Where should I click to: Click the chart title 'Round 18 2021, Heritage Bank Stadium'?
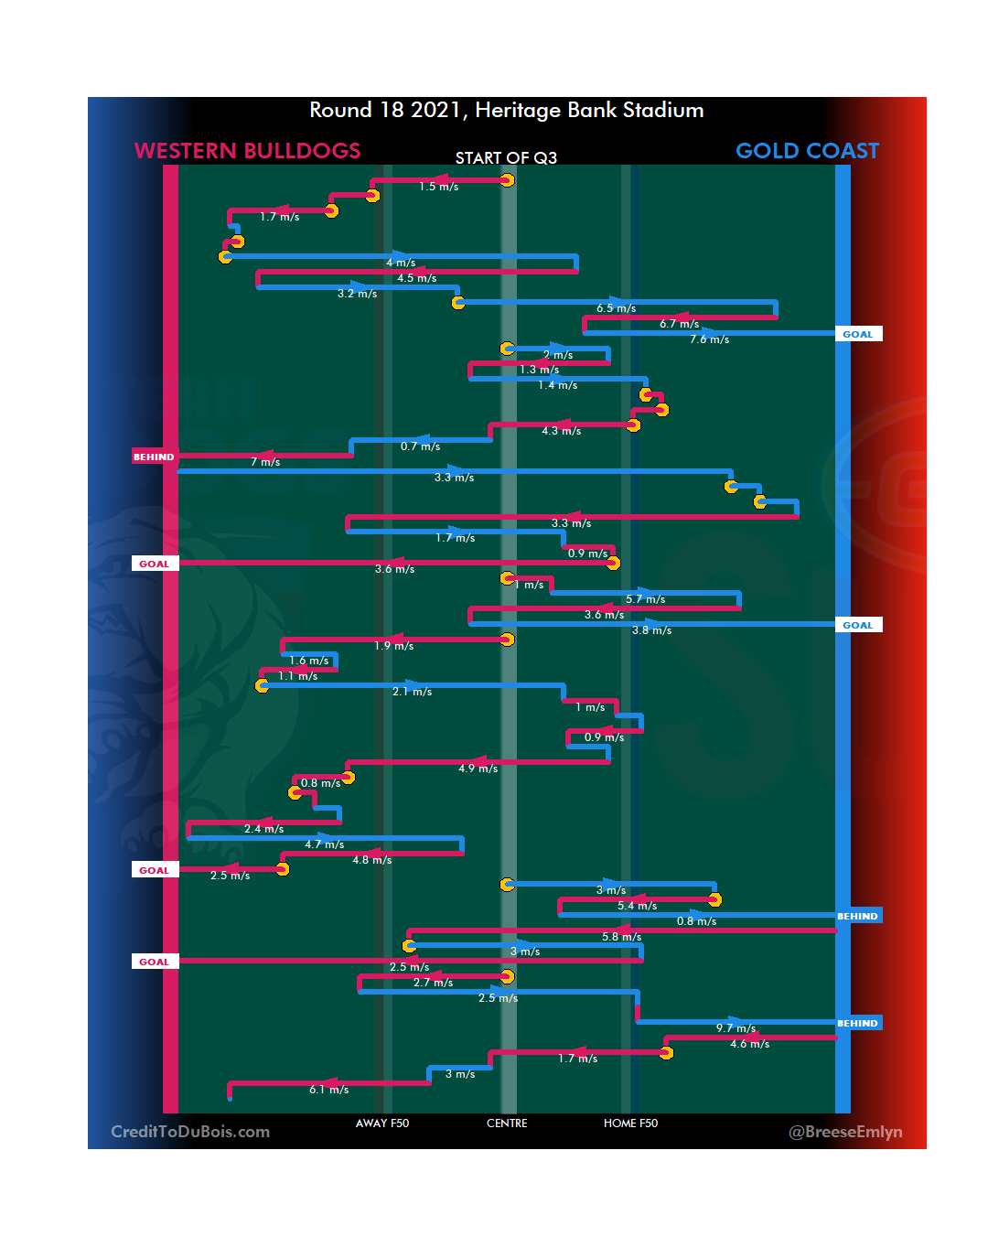point(507,111)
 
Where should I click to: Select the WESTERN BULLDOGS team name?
point(247,151)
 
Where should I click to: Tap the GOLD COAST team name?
point(807,151)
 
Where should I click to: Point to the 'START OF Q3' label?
point(506,158)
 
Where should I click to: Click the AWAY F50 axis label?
point(382,1124)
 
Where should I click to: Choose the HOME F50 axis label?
point(630,1124)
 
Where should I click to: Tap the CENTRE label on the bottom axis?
point(507,1124)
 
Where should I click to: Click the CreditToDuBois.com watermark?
point(190,1132)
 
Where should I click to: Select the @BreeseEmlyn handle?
point(845,1132)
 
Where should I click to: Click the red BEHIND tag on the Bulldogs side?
point(154,457)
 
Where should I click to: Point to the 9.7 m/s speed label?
point(736,1028)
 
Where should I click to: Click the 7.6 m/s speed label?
point(709,339)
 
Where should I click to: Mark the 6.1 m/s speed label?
point(328,1090)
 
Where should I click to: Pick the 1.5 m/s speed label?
point(438,187)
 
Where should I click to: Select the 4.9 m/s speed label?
point(478,769)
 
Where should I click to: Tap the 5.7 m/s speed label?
point(645,599)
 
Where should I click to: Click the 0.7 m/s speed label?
point(420,446)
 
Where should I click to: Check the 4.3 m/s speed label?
point(561,431)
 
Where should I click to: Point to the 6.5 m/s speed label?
point(616,308)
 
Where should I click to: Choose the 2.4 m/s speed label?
point(263,829)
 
